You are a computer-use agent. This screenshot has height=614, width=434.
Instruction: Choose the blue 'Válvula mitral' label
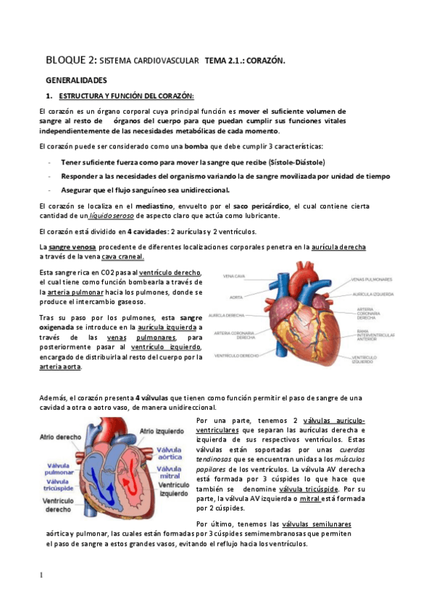[172, 474]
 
